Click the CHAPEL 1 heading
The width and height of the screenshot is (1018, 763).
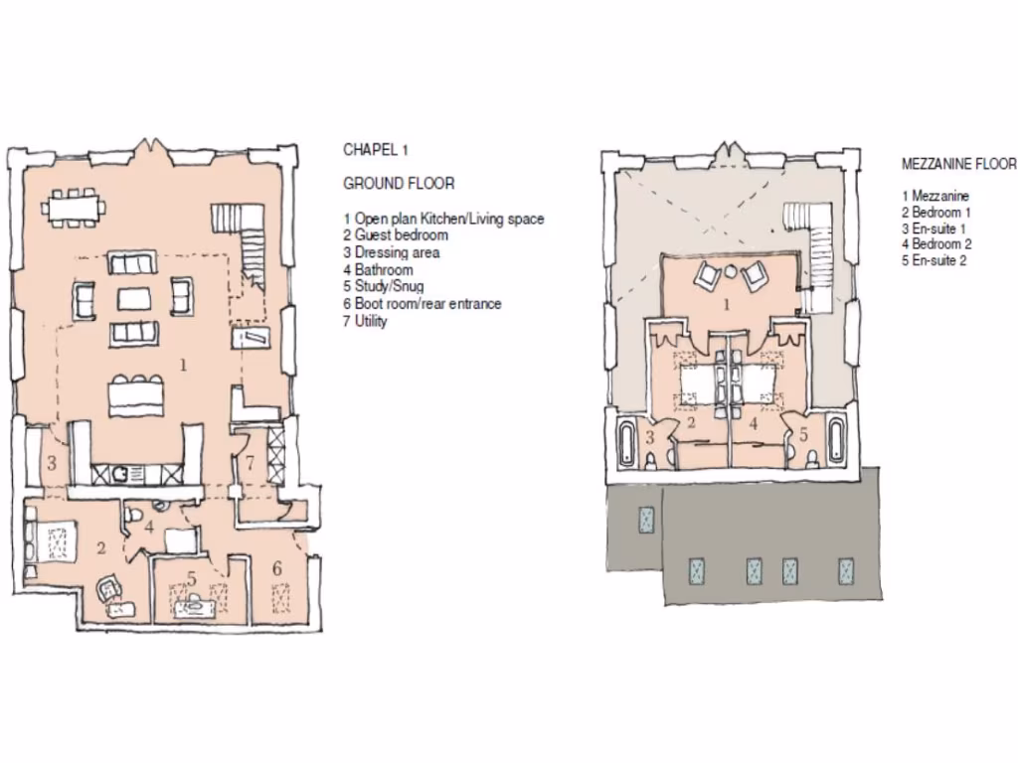(376, 150)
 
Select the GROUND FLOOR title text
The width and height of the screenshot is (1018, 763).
(399, 184)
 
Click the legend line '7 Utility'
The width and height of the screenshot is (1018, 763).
(365, 321)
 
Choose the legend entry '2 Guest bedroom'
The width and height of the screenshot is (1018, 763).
(395, 235)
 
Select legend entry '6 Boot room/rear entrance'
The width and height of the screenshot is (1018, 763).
(422, 304)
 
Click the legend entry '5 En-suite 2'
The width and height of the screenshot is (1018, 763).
(934, 260)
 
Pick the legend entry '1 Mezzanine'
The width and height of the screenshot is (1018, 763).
(935, 197)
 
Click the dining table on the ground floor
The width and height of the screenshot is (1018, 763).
(77, 208)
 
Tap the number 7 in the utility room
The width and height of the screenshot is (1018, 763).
(251, 462)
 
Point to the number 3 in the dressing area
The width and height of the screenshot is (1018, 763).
(50, 463)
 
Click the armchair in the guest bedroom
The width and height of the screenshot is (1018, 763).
(109, 588)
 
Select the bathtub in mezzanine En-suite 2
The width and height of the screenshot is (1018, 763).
(836, 443)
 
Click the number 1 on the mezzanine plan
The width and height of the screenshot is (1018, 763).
(725, 304)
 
